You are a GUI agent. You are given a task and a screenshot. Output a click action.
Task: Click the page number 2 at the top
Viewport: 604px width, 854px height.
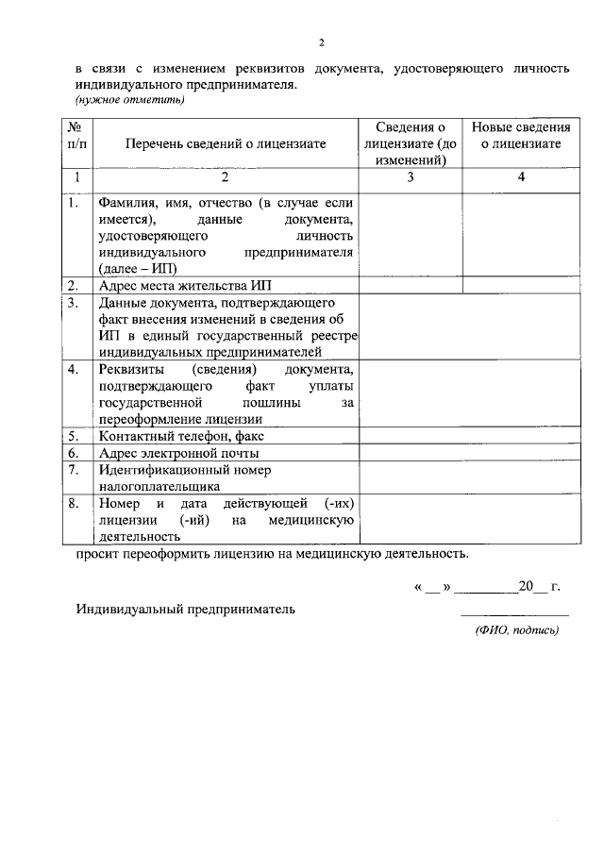(x=321, y=42)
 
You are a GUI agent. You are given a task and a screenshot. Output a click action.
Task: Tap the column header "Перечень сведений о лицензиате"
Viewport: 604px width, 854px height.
(x=225, y=143)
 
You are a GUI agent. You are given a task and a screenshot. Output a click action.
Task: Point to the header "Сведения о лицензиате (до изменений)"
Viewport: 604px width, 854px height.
(x=411, y=143)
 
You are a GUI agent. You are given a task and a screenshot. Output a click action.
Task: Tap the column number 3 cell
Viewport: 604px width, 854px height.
(x=411, y=176)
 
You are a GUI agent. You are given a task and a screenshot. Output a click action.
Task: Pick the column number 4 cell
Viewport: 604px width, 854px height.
(x=521, y=176)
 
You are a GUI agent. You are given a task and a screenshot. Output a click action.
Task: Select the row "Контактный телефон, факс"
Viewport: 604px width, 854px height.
(x=181, y=436)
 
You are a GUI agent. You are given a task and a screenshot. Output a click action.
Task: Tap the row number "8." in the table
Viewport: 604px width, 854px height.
(x=74, y=503)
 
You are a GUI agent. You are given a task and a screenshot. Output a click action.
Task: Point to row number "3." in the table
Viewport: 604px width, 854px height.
(x=74, y=303)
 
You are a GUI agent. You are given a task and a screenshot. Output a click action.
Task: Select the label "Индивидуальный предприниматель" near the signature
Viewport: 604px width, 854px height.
(x=185, y=609)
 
